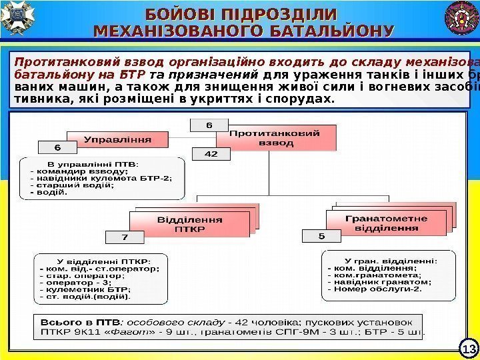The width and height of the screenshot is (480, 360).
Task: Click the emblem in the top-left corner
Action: point(16,17)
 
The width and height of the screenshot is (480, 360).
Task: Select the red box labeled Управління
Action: point(117,140)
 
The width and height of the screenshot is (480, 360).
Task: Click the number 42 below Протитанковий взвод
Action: point(211,154)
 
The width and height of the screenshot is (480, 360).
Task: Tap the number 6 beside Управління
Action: point(57,147)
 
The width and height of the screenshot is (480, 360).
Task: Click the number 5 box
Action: point(321,236)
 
